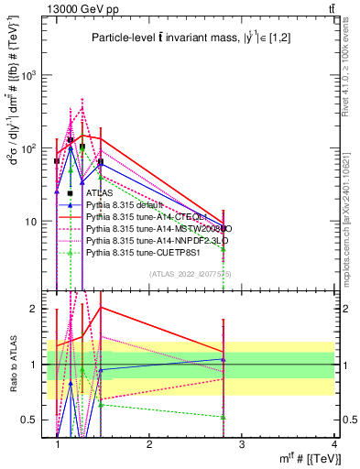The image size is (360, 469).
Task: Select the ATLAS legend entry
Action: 100,193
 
